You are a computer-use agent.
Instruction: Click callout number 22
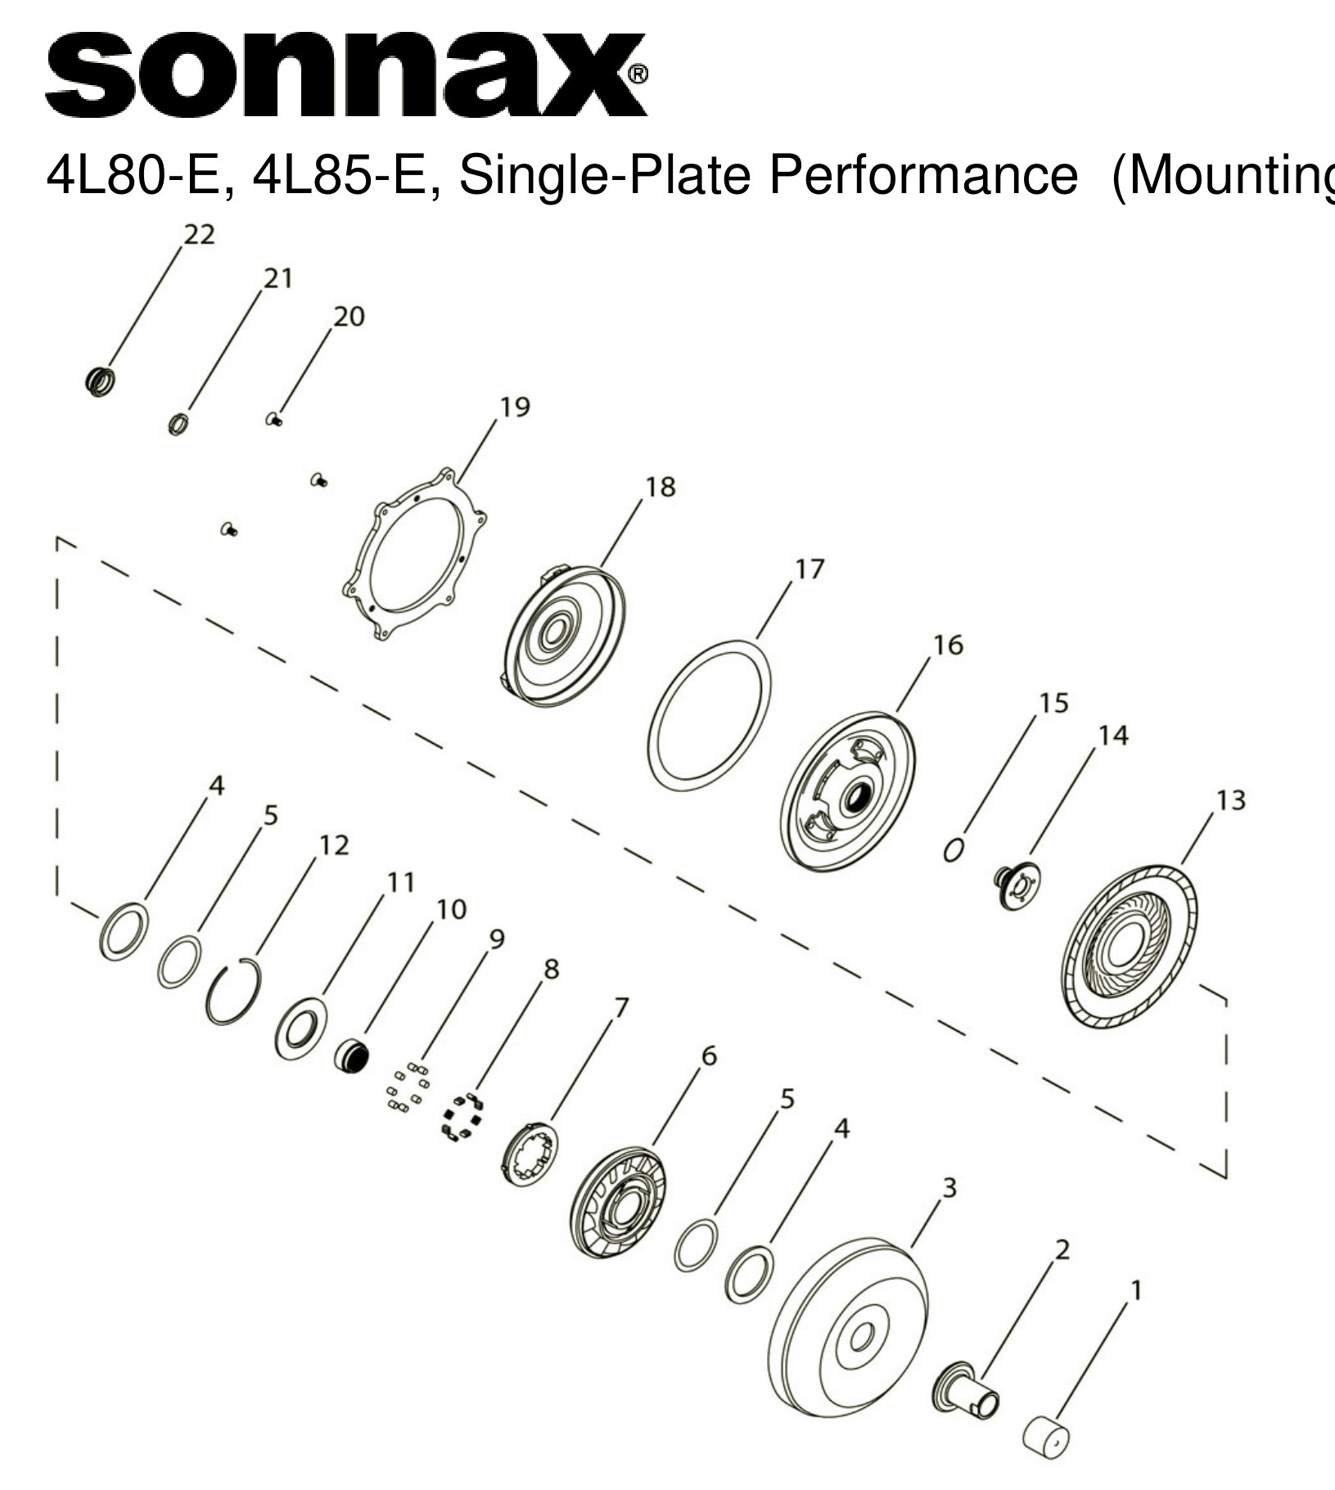pyautogui.click(x=199, y=235)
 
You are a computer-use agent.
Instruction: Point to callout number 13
pyautogui.click(x=1230, y=799)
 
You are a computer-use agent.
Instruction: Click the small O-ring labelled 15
pyautogui.click(x=953, y=851)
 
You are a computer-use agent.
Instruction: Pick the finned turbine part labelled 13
pyautogui.click(x=1130, y=947)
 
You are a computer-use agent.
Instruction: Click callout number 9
pyautogui.click(x=496, y=939)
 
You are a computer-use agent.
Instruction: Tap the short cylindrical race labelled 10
pyautogui.click(x=351, y=1056)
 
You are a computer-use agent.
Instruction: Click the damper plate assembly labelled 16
pyautogui.click(x=847, y=793)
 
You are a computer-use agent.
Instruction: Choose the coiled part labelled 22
pyautogui.click(x=100, y=381)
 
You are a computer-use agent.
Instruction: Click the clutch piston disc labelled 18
pyautogui.click(x=564, y=636)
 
